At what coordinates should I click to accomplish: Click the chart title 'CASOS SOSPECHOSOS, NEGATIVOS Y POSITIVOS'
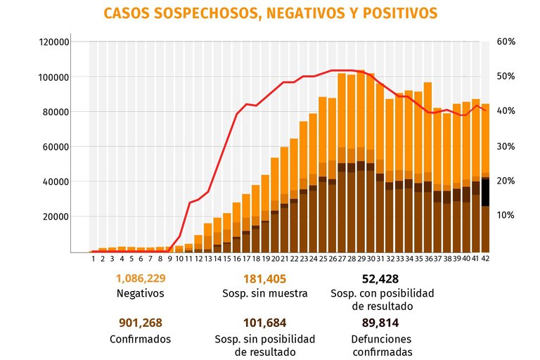coord(269,13)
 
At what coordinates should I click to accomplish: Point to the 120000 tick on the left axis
coord(54,41)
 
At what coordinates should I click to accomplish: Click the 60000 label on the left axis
coord(54,147)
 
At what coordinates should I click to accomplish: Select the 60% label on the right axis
coord(506,41)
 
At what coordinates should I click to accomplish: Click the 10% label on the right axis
coord(506,215)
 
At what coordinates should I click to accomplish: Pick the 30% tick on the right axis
coord(506,146)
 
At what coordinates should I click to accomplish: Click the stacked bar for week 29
coord(361,162)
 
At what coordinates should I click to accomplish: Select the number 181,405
coord(264,278)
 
